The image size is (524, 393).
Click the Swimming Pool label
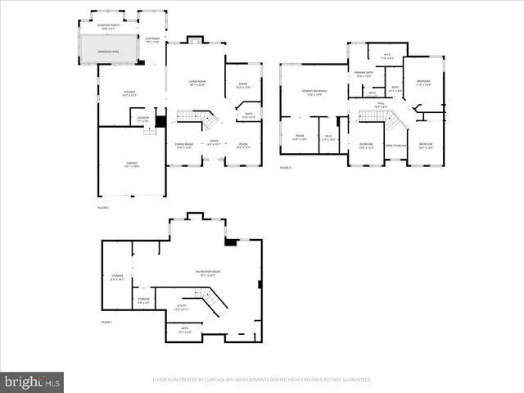[x=110, y=51]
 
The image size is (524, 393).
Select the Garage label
[x=131, y=165]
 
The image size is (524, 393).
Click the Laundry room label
[x=142, y=120]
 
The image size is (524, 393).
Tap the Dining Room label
[x=183, y=146]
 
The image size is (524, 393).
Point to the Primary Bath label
[x=364, y=76]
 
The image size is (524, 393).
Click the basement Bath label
[x=184, y=331]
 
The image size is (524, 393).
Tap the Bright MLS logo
[x=32, y=382]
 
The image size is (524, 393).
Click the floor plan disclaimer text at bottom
[x=262, y=380]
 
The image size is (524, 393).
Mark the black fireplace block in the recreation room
[x=230, y=242]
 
